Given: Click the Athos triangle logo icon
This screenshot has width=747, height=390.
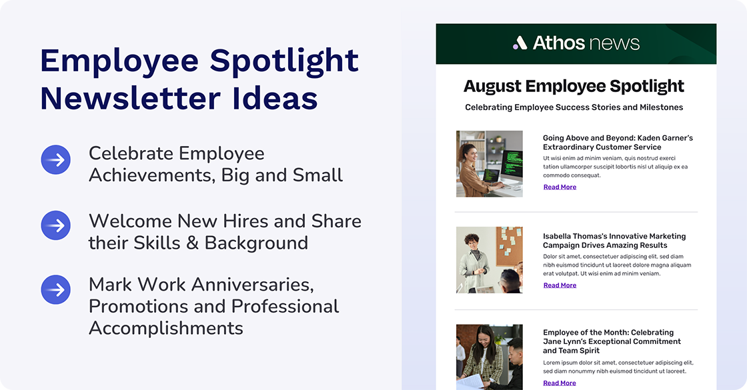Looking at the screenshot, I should pyautogui.click(x=520, y=43).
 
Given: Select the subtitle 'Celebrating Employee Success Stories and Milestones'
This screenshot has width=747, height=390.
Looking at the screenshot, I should pyautogui.click(x=574, y=107).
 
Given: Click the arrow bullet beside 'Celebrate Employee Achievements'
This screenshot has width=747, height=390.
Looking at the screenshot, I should pyautogui.click(x=56, y=160).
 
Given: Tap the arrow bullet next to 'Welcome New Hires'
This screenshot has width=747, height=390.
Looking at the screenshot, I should pyautogui.click(x=56, y=225).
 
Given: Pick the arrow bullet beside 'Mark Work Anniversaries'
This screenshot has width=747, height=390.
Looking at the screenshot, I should pyautogui.click(x=56, y=290).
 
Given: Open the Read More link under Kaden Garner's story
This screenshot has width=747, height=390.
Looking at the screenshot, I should pyautogui.click(x=560, y=187).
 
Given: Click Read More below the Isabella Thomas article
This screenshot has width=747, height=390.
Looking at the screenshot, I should pyautogui.click(x=560, y=285).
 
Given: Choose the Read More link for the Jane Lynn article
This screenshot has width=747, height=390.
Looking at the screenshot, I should pyautogui.click(x=560, y=383).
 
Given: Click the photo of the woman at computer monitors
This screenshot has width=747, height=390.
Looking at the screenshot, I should pyautogui.click(x=489, y=164).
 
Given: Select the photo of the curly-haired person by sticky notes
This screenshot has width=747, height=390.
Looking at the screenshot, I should pyautogui.click(x=489, y=260).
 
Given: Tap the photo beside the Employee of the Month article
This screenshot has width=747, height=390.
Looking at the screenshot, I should pyautogui.click(x=489, y=356).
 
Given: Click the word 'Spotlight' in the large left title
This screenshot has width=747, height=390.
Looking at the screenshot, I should pyautogui.click(x=285, y=61).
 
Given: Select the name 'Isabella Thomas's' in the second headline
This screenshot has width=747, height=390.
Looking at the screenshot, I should pyautogui.click(x=576, y=236).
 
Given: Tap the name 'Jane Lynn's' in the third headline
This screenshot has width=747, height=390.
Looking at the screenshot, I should pyautogui.click(x=566, y=341).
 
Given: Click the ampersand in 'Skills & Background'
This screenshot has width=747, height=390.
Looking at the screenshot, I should pyautogui.click(x=193, y=243).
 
